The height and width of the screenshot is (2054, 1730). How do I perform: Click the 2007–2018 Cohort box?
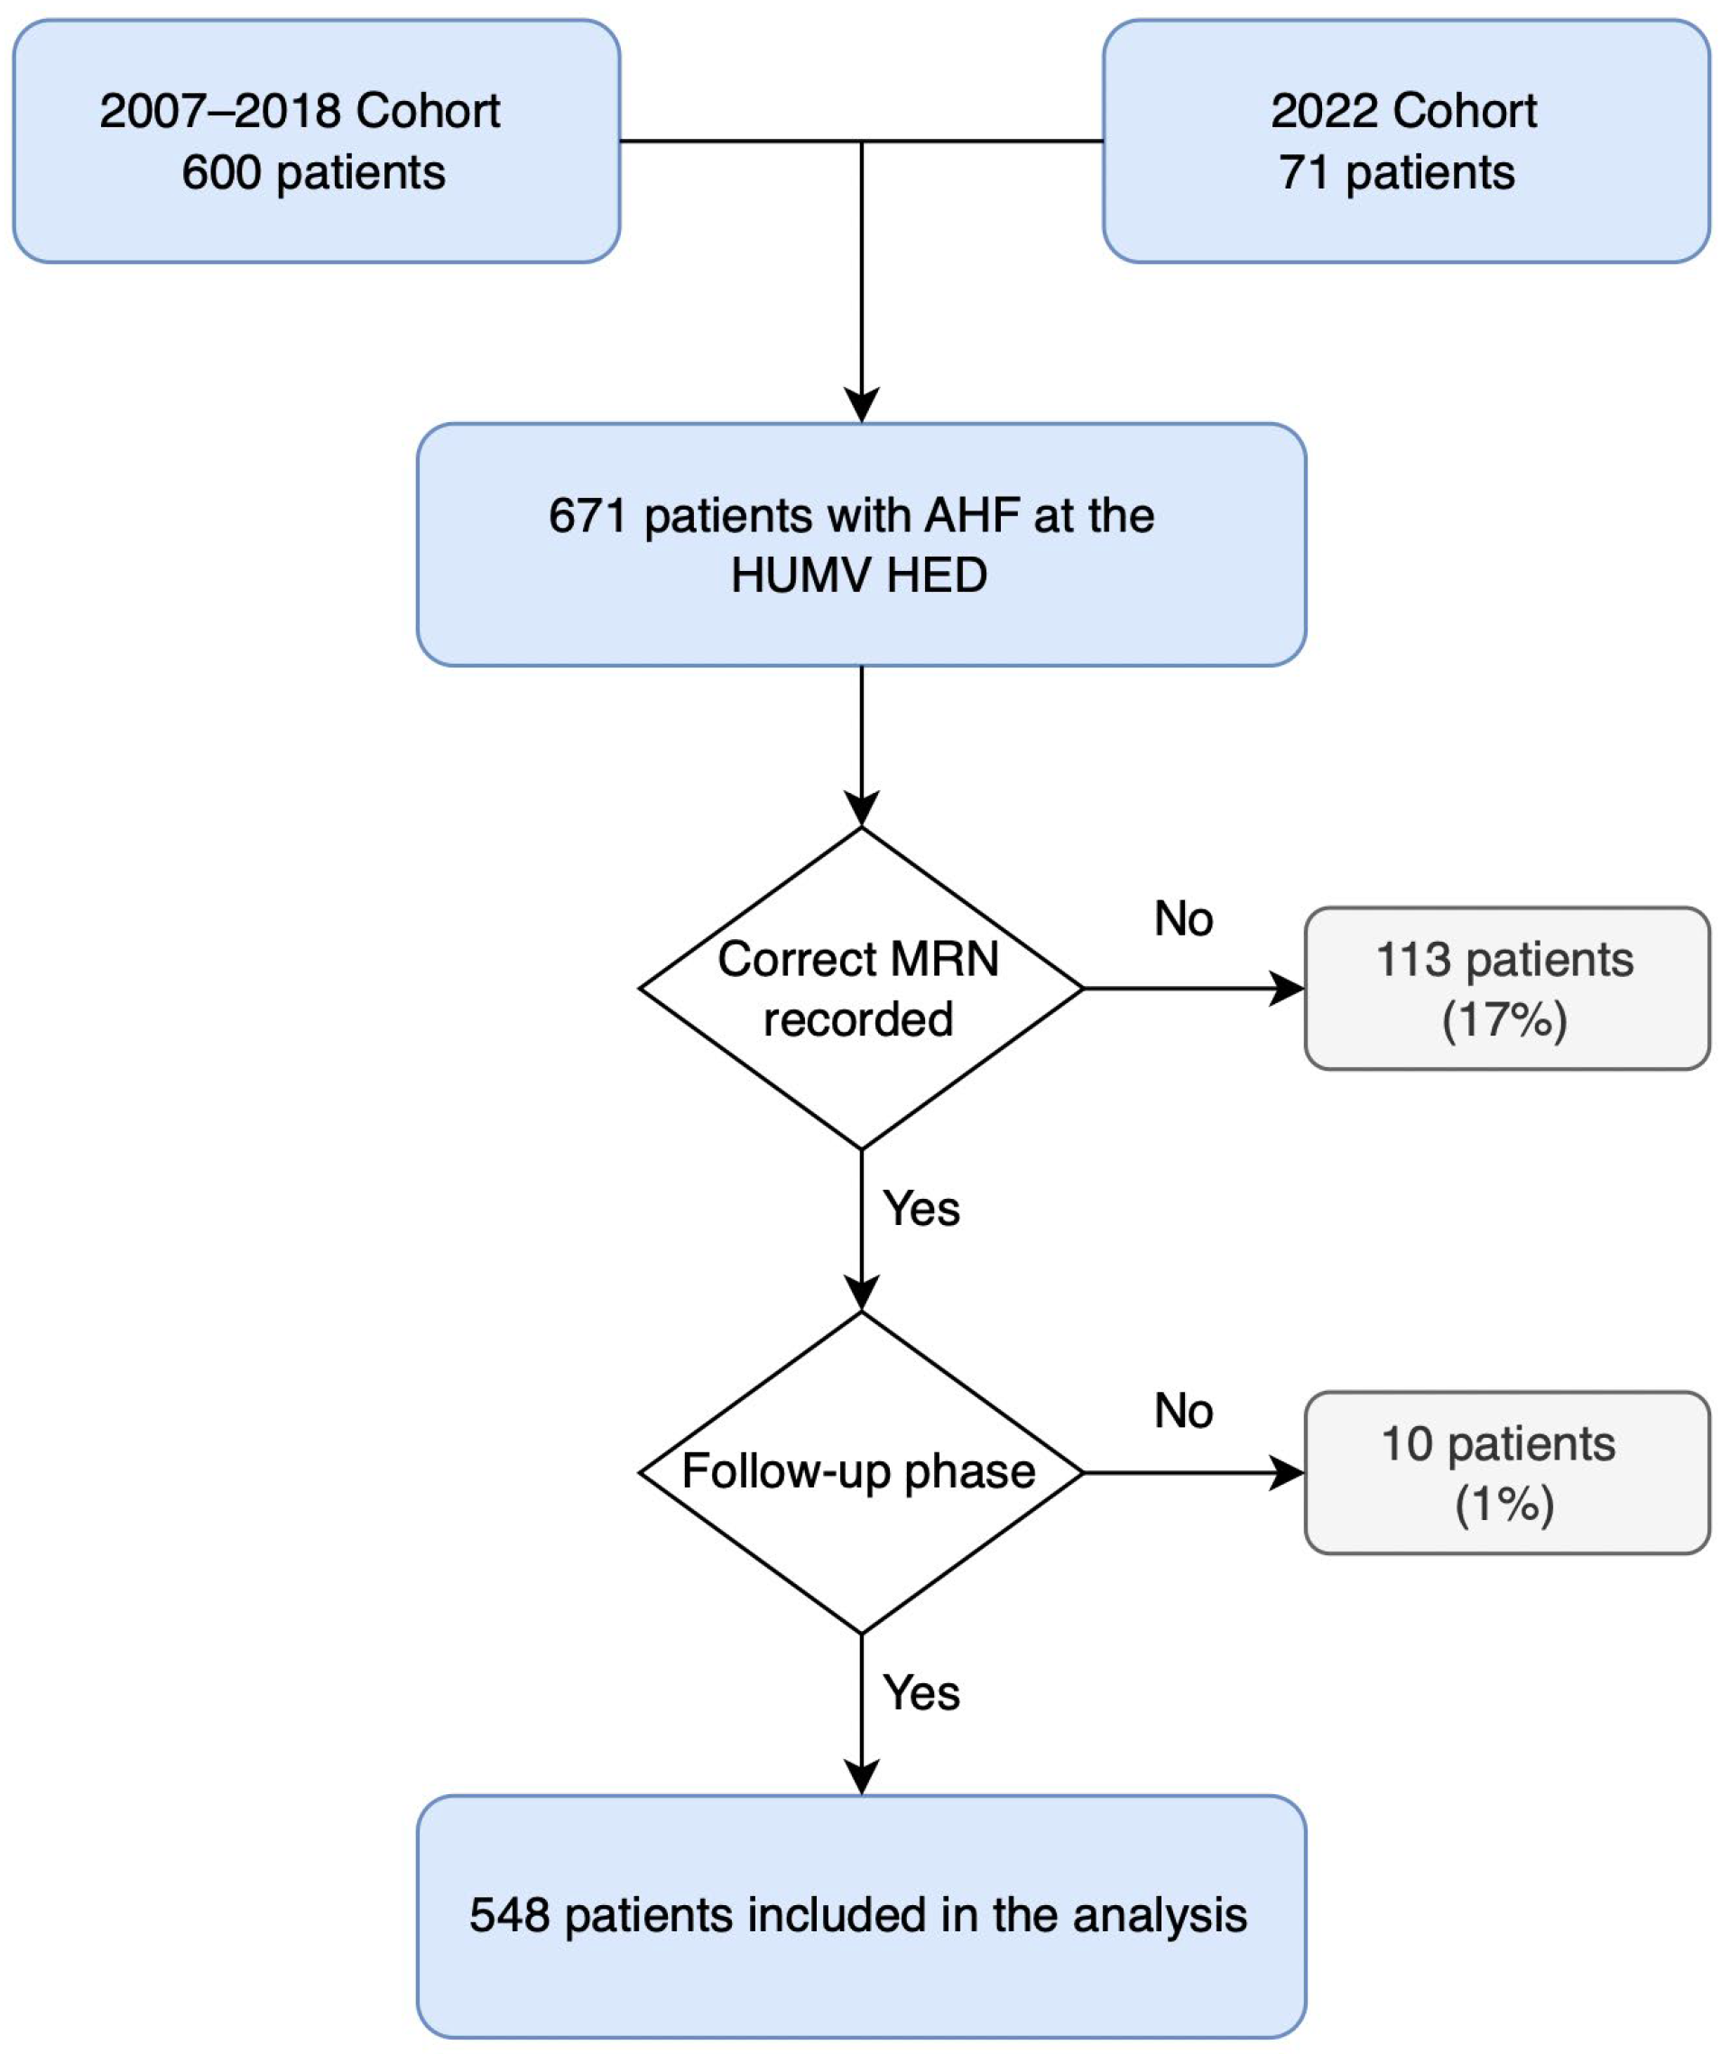pos(316,142)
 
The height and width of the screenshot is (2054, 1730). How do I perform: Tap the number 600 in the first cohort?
pos(221,173)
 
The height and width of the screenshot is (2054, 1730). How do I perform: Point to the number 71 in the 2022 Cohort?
pos(1303,173)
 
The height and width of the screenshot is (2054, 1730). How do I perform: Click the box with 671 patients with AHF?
pos(860,545)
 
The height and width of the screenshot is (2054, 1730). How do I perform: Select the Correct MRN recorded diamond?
pos(860,989)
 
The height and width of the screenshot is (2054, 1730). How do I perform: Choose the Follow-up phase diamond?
pos(860,1471)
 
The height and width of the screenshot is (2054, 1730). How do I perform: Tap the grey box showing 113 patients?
pos(1505,989)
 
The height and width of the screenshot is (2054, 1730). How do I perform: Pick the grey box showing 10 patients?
pos(1505,1471)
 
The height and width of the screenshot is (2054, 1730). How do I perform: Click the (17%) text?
pos(1504,1019)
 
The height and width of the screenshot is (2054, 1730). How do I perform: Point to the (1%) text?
pos(1504,1504)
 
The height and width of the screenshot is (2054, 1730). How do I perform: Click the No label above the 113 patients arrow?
pos(1184,919)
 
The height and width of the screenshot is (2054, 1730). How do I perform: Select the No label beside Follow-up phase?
pos(1184,1412)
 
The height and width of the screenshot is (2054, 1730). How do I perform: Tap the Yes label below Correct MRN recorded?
pos(921,1209)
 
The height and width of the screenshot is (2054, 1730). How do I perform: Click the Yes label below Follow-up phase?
pos(921,1693)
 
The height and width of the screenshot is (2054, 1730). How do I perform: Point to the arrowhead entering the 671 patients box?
pos(861,406)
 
